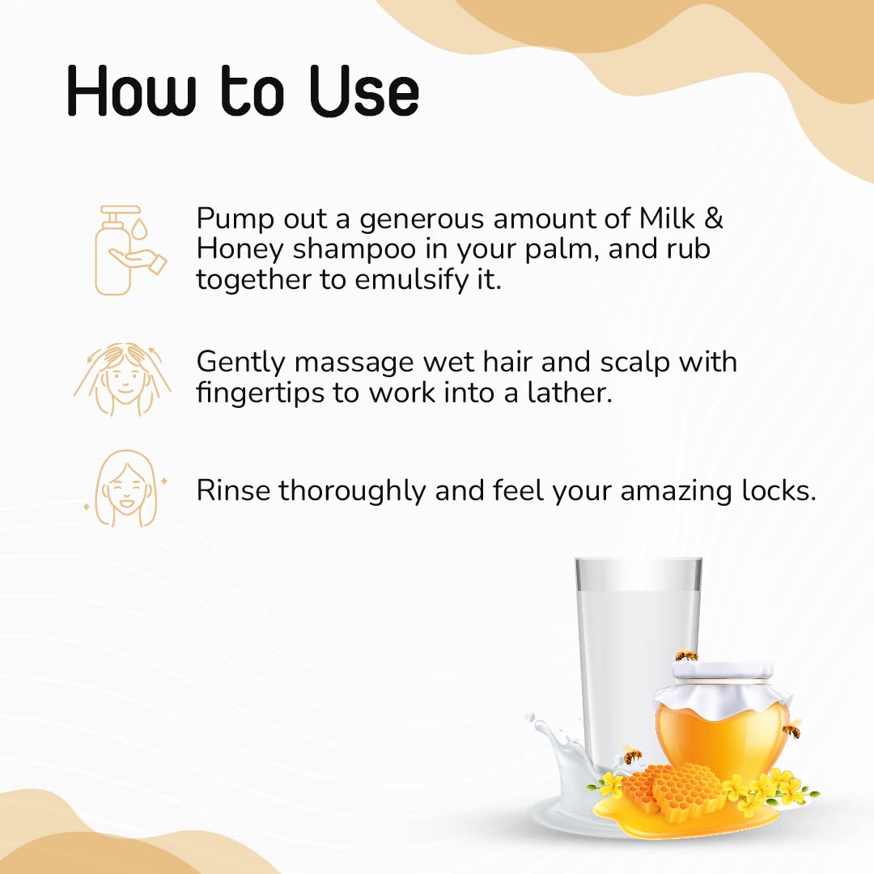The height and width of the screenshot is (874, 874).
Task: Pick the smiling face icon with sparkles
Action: point(126,490)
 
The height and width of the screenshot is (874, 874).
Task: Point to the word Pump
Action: point(236,219)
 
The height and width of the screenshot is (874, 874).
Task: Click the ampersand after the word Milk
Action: point(713,218)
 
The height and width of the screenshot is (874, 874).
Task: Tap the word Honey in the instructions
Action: point(240,248)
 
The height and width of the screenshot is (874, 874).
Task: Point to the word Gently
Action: point(241,362)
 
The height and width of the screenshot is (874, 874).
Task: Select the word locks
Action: point(779,490)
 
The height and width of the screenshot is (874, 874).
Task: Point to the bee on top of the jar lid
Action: point(686,654)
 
